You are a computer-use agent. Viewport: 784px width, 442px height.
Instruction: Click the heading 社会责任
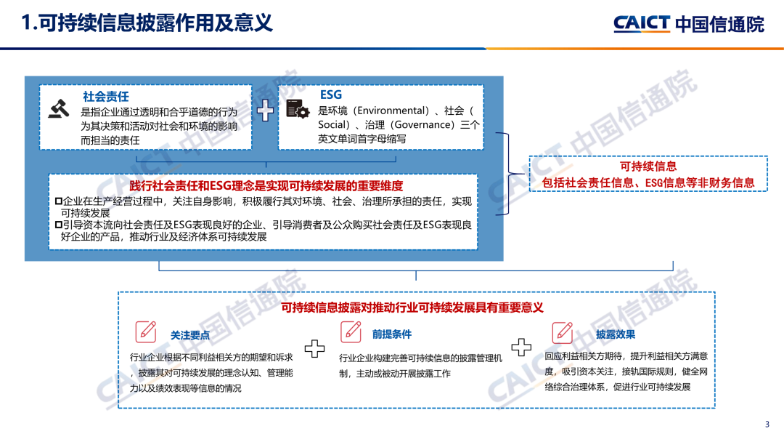click(106, 96)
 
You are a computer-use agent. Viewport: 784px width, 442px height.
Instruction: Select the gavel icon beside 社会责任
click(59, 108)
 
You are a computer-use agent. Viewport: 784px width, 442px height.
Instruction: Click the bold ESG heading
click(330, 95)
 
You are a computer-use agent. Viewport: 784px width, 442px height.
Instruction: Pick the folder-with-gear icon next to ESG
click(297, 108)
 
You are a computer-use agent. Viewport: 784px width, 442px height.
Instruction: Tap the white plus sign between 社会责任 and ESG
click(265, 110)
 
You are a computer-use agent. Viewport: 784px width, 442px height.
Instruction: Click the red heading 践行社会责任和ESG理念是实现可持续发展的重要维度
click(266, 185)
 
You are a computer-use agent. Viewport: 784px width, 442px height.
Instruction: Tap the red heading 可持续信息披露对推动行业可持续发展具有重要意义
click(412, 308)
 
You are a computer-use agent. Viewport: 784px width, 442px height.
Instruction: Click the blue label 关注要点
click(190, 334)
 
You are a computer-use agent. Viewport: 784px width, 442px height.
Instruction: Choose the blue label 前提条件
click(392, 334)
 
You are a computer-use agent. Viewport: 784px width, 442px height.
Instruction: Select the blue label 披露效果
click(616, 334)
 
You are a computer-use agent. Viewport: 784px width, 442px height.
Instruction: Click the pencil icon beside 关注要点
click(146, 332)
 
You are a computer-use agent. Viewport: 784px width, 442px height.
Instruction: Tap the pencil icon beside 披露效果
click(563, 332)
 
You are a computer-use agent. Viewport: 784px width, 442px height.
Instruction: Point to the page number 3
click(767, 425)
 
